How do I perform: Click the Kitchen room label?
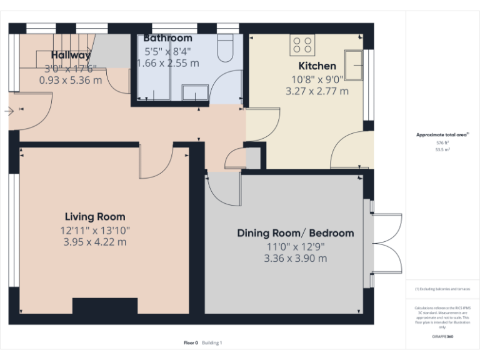click(x=317, y=66)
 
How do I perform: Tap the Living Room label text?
click(x=95, y=217)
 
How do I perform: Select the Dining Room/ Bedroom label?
click(x=295, y=233)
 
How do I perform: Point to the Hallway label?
click(x=71, y=55)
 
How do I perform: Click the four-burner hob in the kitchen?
click(x=302, y=44)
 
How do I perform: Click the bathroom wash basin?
click(x=195, y=93)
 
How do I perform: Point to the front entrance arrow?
click(x=9, y=111)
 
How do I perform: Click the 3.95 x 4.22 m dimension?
click(x=95, y=242)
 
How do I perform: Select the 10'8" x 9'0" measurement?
click(x=317, y=79)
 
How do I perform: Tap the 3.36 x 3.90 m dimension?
click(x=295, y=258)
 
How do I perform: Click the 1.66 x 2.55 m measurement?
click(x=167, y=63)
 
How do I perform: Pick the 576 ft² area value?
click(x=442, y=143)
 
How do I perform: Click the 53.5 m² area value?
click(x=442, y=150)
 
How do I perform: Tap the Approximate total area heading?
click(x=442, y=135)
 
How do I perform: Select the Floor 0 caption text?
click(x=191, y=342)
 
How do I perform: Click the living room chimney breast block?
click(x=104, y=306)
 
